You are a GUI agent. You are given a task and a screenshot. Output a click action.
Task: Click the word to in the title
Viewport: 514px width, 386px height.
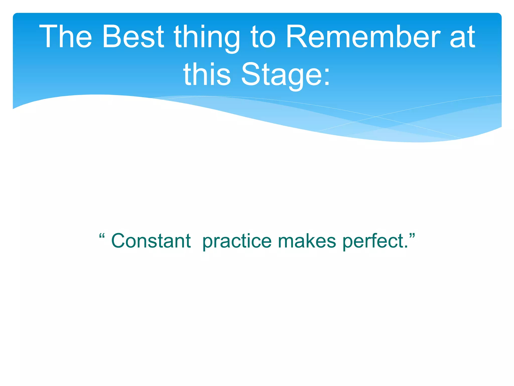coord(263,37)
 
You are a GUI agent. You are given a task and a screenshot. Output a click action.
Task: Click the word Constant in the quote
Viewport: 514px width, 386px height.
coord(151,241)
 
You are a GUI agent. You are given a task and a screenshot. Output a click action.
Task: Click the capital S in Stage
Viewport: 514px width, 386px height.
coord(251,74)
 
